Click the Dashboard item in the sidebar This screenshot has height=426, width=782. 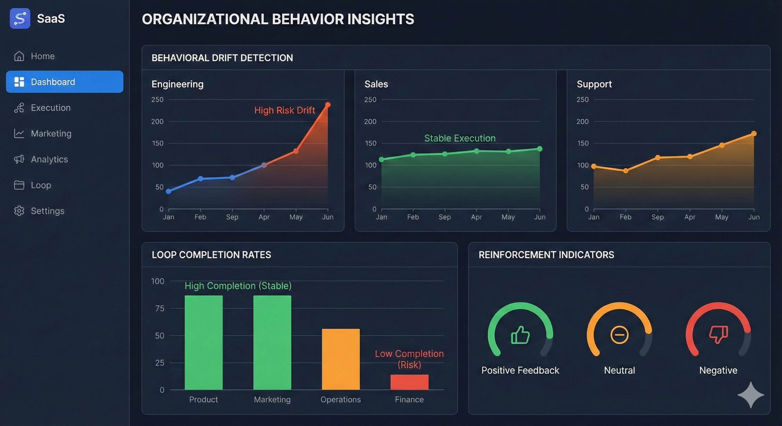(x=64, y=82)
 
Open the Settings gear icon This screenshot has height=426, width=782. (x=19, y=211)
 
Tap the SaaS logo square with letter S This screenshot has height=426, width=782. (x=20, y=19)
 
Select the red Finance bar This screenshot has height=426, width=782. (x=409, y=382)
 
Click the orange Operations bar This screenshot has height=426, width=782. (x=341, y=359)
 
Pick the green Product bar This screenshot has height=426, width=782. (x=203, y=342)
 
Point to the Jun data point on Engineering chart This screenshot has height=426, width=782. (x=328, y=105)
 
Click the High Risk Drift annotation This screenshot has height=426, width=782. (x=284, y=110)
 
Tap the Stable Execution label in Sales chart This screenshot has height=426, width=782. (x=460, y=138)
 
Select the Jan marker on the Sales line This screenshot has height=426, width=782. (x=381, y=159)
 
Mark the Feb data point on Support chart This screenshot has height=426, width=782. (x=626, y=171)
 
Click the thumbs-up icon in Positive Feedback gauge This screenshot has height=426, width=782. (x=520, y=335)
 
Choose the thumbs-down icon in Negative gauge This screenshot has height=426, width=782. (x=718, y=334)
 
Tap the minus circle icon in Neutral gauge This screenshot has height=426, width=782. (x=619, y=335)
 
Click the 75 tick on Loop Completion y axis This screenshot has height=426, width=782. (x=159, y=309)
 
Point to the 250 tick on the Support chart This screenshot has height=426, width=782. (x=582, y=99)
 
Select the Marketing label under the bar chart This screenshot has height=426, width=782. (x=272, y=399)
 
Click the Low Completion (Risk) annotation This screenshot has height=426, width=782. (x=409, y=359)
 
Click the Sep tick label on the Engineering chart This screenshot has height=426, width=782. (x=232, y=217)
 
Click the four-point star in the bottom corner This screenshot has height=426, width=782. (x=751, y=395)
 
